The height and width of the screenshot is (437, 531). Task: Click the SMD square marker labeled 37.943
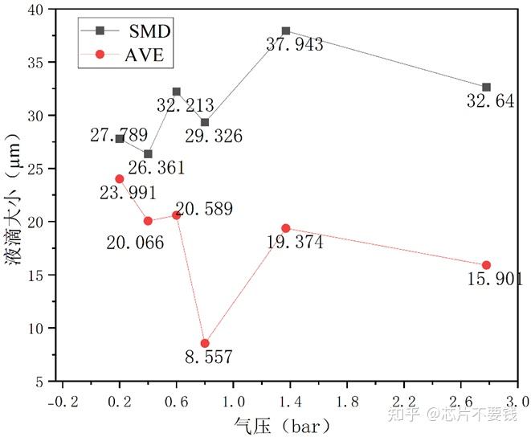pos(286,31)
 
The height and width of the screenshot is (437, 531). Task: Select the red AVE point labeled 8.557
pos(205,343)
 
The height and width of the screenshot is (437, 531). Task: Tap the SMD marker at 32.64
pos(486,87)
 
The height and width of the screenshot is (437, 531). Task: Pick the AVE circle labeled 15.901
pos(486,265)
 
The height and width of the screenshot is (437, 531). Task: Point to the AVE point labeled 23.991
pos(120,178)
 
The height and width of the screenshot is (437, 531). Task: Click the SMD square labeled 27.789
pos(120,139)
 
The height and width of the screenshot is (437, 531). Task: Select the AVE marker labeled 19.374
pos(286,228)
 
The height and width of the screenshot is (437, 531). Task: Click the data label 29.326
pos(215,136)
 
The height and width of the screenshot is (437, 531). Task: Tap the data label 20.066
pos(135,242)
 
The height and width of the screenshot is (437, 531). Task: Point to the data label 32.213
pos(186,104)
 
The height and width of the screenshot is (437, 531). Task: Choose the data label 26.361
pos(157,168)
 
